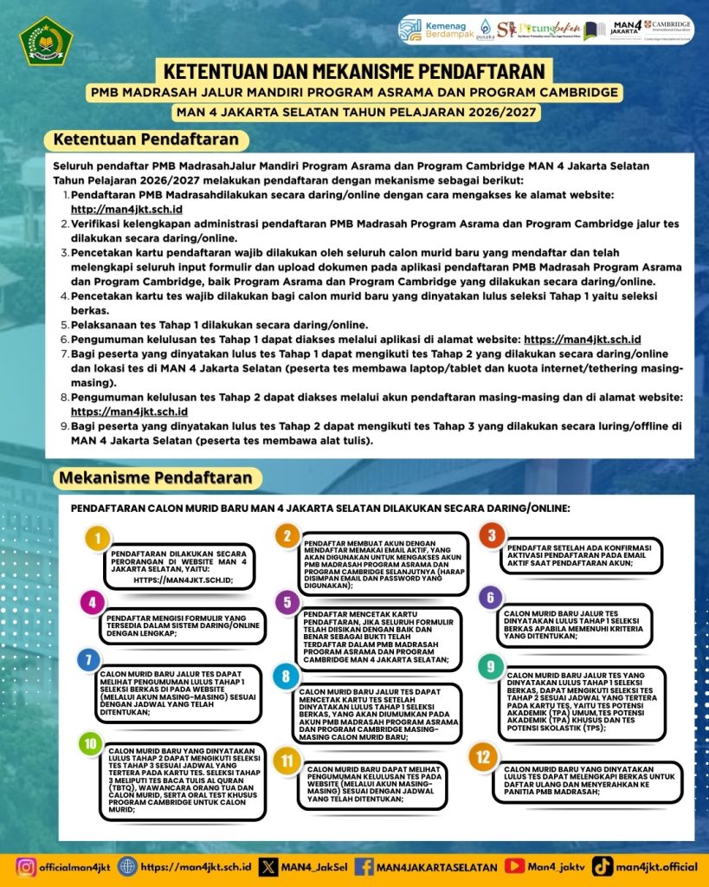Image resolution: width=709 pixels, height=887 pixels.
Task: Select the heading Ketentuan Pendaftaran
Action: pos(145,139)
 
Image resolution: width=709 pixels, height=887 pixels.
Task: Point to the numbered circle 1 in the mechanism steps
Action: pos(99,539)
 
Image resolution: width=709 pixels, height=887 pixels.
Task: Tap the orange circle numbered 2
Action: pos(287,536)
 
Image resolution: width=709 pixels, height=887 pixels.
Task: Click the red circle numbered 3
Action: pos(492,534)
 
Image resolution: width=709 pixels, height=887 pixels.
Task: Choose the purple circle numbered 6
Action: pos(490,597)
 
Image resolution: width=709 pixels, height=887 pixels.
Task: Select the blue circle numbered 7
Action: pos(87,659)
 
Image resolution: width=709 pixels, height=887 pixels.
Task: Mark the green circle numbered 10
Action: pos(89,742)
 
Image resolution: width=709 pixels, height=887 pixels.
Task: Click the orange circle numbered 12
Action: pos(481,755)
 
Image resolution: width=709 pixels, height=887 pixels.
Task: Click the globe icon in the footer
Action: pos(127,865)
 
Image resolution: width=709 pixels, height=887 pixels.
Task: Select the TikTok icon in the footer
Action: pos(603,865)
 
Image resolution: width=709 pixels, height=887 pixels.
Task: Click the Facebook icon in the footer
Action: pos(364,865)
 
